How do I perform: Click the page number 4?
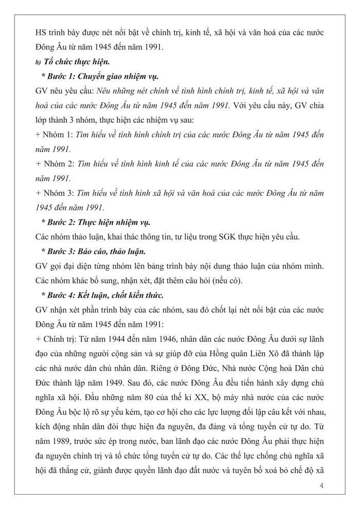(321, 485)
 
